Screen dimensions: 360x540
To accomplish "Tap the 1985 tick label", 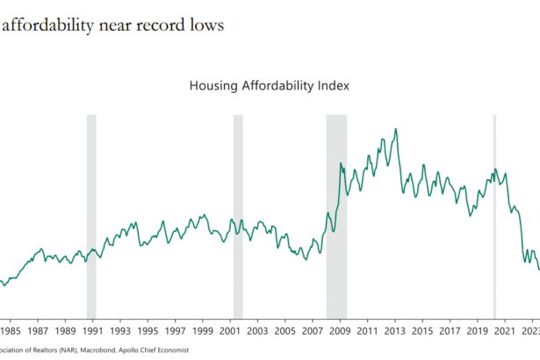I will point(11,331).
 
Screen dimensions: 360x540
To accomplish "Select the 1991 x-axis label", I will point(92,331).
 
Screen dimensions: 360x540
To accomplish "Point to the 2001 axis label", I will point(230,331).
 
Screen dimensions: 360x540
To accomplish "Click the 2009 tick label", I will point(340,331).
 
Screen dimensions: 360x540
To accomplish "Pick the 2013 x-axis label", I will point(394,331).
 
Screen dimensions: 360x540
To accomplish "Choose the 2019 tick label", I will point(477,331).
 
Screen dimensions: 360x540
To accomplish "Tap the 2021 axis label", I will point(505,331).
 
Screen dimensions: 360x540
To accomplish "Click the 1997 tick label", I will point(175,331).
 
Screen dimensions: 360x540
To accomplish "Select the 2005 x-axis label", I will point(284,331).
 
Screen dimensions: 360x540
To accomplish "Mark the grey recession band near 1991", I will point(90,215).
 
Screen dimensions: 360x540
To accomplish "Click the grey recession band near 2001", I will point(238,215).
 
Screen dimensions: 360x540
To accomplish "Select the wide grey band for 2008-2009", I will point(336,215).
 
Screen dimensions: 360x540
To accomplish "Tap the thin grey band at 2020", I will point(494,215).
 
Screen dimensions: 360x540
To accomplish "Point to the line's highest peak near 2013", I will point(395,129).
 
